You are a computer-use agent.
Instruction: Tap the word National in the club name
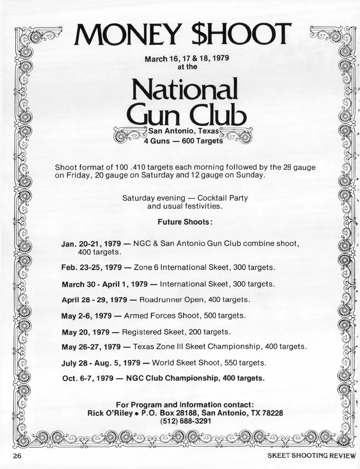click(184, 89)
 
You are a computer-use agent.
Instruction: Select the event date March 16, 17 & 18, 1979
click(187, 58)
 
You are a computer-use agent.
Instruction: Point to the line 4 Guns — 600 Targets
click(183, 141)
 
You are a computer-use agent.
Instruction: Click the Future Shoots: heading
click(185, 222)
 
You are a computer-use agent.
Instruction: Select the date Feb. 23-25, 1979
click(91, 267)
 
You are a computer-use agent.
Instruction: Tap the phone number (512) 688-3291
click(185, 421)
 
